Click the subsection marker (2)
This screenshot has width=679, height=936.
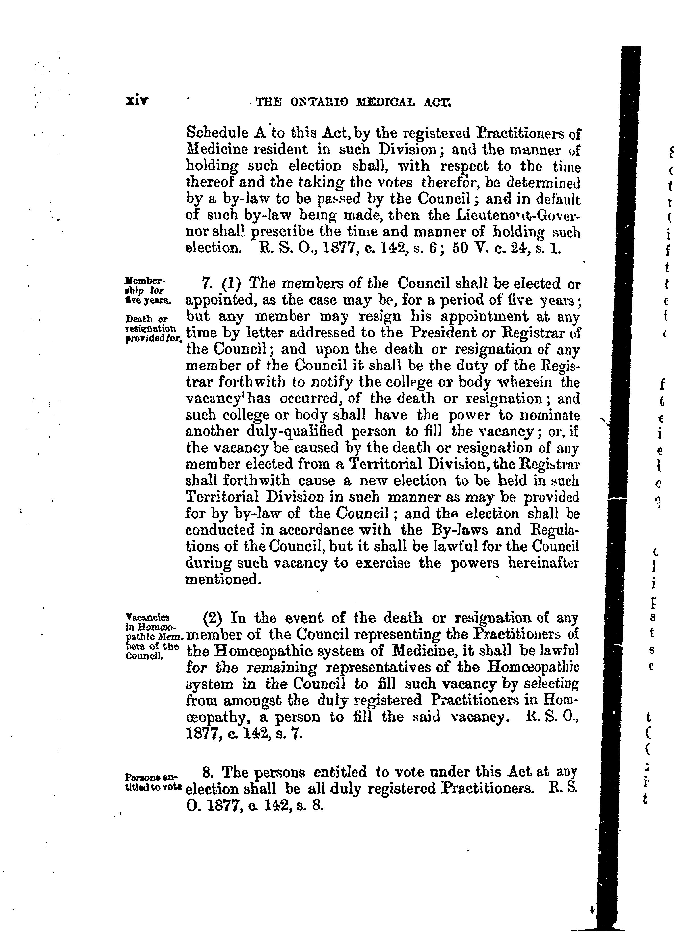coord(213,618)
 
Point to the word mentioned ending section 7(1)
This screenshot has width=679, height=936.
coord(223,580)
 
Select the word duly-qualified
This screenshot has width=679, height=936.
coord(294,432)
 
